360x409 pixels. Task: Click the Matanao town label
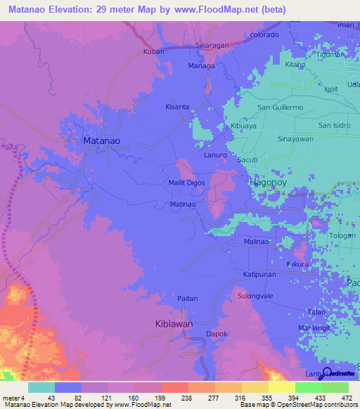[101, 141]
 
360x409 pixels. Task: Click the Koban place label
[153, 51]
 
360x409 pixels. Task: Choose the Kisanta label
[176, 107]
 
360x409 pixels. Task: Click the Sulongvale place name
[255, 296]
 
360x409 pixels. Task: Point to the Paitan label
[187, 299]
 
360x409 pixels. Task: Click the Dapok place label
[215, 335]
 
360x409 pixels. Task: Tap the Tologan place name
[342, 236]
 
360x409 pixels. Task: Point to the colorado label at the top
[264, 34]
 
